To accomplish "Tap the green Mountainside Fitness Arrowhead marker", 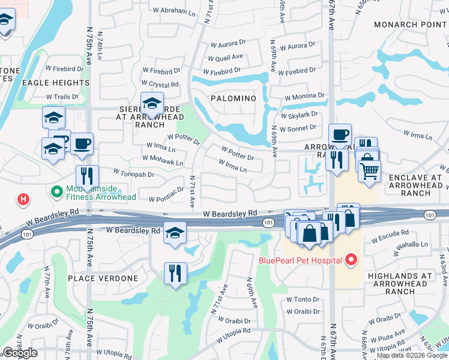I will click(57, 193).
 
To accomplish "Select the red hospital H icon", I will click(23, 199).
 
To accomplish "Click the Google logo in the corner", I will click(20, 353).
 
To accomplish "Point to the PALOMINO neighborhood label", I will click(234, 98).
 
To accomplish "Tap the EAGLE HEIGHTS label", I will click(56, 83).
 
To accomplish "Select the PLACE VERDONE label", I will click(103, 278).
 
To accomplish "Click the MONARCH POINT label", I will click(411, 25).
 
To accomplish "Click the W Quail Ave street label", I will click(225, 57).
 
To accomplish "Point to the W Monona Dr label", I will click(304, 95).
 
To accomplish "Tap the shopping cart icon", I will click(369, 170).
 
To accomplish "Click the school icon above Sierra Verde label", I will click(152, 103).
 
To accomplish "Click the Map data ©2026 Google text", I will click(412, 355).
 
